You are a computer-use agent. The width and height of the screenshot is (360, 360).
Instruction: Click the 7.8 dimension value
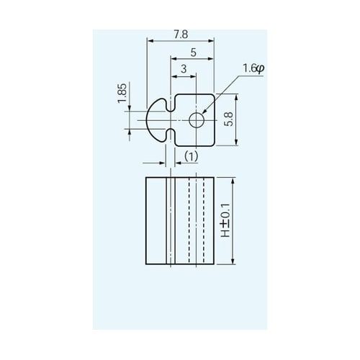click(x=181, y=34)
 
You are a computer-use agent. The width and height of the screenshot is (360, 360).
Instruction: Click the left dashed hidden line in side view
click(x=188, y=221)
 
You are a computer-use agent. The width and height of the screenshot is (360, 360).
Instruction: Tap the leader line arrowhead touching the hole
click(x=204, y=112)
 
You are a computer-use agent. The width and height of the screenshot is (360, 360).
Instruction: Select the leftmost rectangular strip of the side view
click(x=156, y=221)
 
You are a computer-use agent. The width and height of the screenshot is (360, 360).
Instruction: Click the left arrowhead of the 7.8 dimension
click(x=148, y=41)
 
